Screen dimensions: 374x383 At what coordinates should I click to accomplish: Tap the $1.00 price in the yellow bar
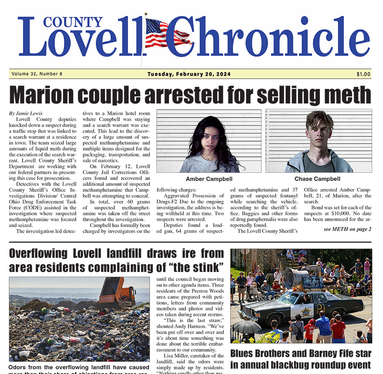363,74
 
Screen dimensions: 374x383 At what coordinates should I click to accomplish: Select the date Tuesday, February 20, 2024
189,74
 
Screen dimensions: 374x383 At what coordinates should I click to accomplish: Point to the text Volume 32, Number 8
37,74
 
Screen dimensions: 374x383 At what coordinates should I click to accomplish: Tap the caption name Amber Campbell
209,179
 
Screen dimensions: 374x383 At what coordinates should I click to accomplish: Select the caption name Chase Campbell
317,179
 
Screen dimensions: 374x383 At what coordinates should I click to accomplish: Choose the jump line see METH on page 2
347,229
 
